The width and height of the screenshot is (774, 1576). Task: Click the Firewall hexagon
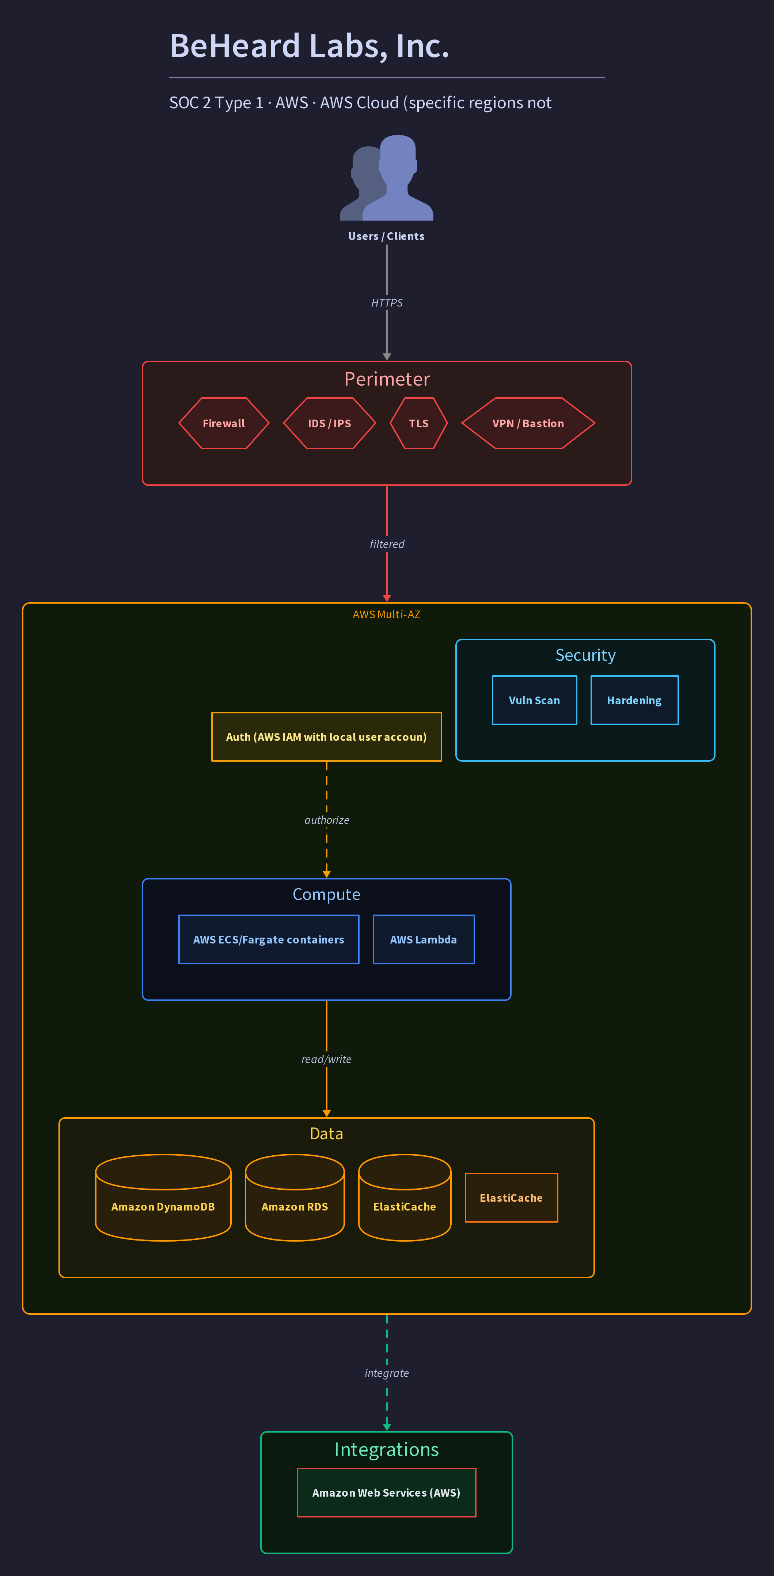coord(224,423)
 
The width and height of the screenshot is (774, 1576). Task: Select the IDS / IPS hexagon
coord(330,423)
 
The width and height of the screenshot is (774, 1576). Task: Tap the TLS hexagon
coord(419,423)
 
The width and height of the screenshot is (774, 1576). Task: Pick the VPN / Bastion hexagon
coord(528,423)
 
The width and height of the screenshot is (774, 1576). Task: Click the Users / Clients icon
coord(386,177)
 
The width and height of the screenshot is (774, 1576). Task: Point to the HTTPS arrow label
coord(387,303)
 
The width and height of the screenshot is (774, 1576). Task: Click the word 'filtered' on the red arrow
coord(387,544)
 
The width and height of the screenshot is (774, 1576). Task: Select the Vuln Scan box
coord(534,701)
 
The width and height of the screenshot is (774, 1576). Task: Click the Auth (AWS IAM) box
coord(326,737)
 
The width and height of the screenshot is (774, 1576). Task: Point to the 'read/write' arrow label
coord(326,1059)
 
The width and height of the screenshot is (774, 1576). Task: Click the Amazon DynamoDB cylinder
coord(163,1197)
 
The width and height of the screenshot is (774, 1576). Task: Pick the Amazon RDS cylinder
coord(295,1197)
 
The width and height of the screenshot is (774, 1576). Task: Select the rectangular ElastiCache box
coord(512,1198)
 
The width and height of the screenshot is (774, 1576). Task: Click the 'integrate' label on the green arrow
coord(387,1373)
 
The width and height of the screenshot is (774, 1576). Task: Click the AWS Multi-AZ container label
coord(386,614)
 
